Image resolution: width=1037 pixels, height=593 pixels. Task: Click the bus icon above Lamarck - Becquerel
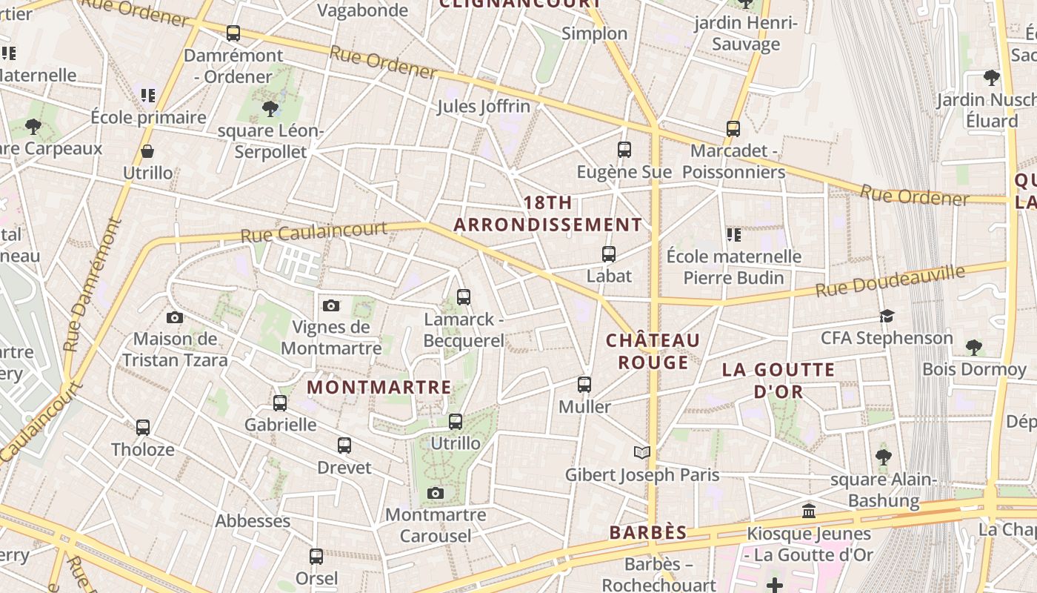pos(464,297)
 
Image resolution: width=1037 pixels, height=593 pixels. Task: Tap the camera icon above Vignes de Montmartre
pos(331,305)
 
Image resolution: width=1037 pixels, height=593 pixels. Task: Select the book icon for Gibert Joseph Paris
pos(642,452)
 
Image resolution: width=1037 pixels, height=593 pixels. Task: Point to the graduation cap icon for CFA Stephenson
pos(887,317)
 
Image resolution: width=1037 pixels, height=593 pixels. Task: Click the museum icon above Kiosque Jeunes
pos(809,511)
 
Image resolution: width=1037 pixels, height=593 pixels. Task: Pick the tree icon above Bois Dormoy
pos(974,347)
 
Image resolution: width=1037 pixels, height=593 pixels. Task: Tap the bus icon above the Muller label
pos(584,385)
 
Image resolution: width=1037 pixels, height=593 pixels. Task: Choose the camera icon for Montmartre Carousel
pos(436,493)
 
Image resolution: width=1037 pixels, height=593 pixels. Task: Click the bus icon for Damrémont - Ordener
pos(233,33)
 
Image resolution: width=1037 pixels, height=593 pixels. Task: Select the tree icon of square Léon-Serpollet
pos(270,109)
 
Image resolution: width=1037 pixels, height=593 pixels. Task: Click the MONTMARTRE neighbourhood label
pos(379,387)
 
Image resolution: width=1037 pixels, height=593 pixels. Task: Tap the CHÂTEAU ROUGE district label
pos(653,351)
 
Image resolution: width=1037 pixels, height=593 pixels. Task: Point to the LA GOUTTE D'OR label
pos(778,380)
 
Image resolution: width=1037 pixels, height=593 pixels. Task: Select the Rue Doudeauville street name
pos(890,281)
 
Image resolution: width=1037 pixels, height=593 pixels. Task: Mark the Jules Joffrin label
pos(483,107)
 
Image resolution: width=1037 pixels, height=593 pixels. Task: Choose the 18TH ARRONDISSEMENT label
pos(548,213)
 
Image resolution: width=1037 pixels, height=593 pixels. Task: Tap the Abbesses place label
pos(253,521)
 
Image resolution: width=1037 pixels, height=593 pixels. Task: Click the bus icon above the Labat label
pos(609,254)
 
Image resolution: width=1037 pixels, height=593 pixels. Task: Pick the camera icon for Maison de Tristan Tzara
pos(175,318)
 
